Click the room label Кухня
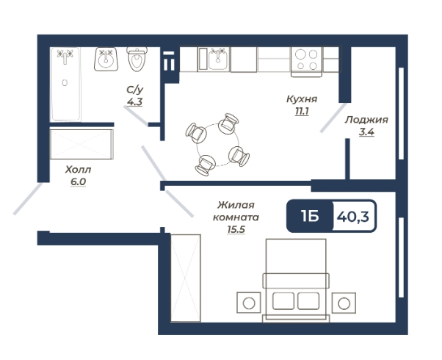coord(302,99)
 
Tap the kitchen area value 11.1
coord(302,112)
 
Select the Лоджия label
coord(366,120)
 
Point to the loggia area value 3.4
coord(366,132)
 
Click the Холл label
coord(78,170)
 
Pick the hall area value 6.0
coord(78,182)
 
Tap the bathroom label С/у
coord(135,90)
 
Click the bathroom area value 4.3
coord(135,101)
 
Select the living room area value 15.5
coord(236,230)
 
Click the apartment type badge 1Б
coord(310,217)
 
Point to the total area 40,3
coord(352,217)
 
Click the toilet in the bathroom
coord(137,59)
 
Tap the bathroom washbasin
coord(106,59)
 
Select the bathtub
coord(65,84)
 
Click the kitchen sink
coord(217,59)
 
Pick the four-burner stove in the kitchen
coord(306,62)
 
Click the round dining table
coord(217,145)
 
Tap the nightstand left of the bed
coord(249,303)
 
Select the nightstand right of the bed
coord(344,303)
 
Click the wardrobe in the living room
coord(186,278)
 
